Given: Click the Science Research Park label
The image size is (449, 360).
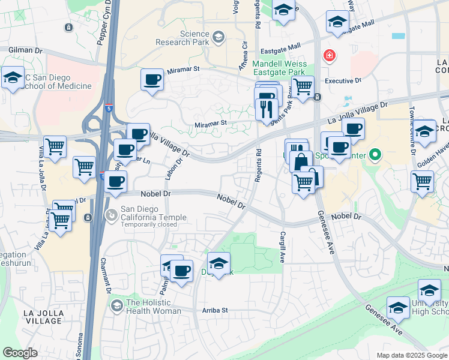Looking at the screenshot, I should (181, 38).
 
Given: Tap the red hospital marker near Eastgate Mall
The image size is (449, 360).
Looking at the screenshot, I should (329, 56).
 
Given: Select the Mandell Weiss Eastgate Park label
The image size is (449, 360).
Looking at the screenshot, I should (280, 68).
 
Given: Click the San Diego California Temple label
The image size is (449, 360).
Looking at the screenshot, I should (154, 213).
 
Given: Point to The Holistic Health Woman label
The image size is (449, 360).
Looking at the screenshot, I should (153, 307).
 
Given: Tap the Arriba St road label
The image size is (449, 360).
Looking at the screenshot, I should (215, 310).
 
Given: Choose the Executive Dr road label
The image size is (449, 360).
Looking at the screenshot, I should (343, 80).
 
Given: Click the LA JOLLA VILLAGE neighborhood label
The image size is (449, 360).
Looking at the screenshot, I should (42, 317).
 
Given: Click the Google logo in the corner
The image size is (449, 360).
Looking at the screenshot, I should (20, 353).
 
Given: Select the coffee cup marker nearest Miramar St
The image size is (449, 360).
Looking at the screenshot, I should (152, 79).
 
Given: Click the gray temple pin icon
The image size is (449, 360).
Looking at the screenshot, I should (112, 214).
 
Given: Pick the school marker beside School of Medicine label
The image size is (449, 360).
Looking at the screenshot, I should (12, 77).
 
